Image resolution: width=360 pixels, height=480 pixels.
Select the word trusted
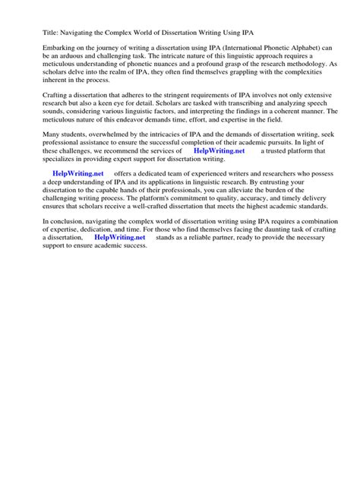coord(286,150)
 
